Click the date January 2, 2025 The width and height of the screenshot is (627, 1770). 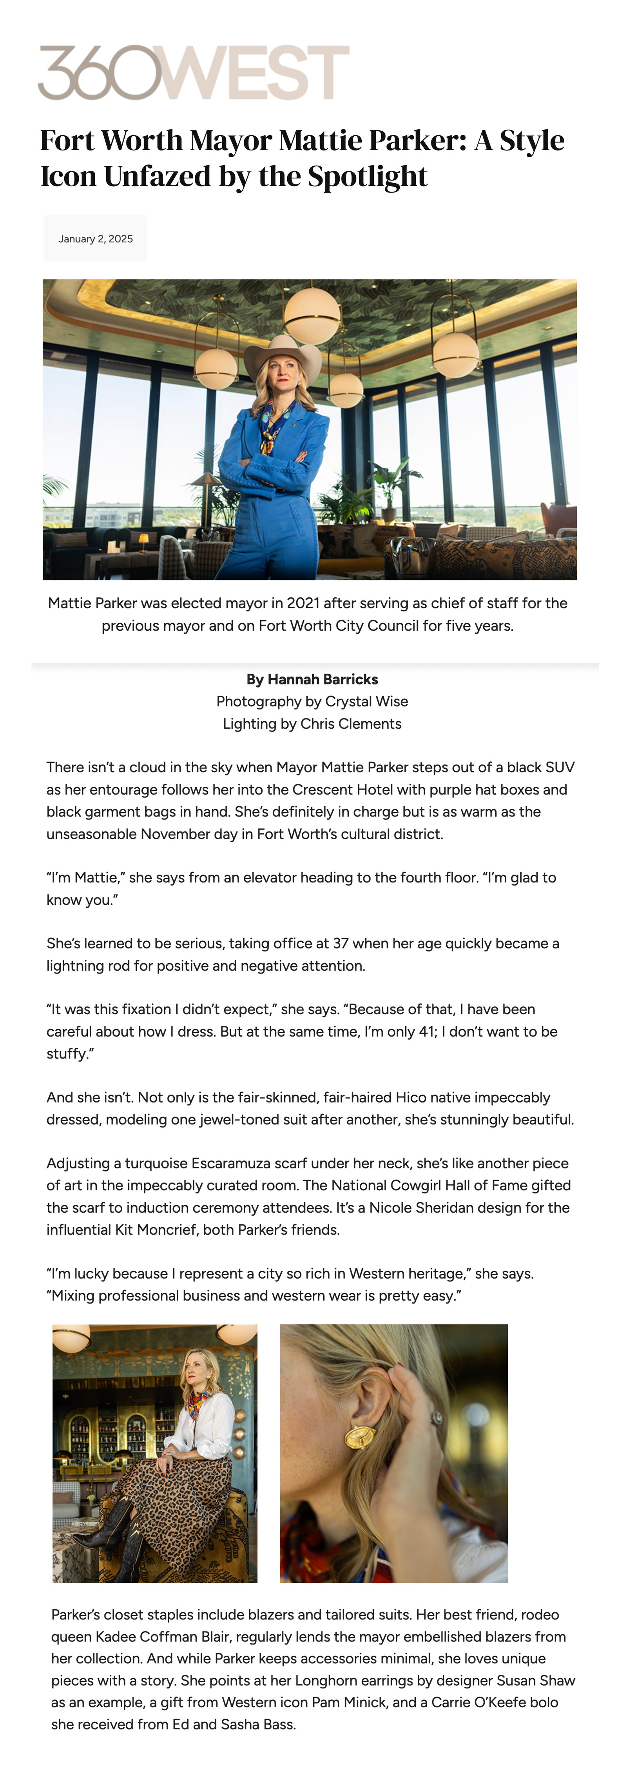(96, 239)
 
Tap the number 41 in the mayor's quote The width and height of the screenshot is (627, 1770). (426, 1031)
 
